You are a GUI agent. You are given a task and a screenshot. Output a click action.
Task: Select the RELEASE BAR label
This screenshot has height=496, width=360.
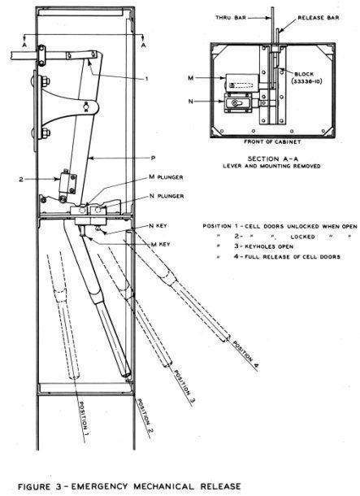coord(319,18)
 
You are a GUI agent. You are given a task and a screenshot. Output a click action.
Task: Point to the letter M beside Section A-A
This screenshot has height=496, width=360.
coord(191,77)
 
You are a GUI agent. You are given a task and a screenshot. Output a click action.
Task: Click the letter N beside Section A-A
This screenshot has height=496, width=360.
coord(191,102)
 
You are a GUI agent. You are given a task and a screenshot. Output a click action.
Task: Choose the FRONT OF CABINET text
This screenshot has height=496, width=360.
coord(272,141)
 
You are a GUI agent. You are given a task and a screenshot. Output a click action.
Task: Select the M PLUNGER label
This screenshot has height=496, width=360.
coord(166,177)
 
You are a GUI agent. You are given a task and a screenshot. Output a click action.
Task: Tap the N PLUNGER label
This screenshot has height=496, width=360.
coord(167,196)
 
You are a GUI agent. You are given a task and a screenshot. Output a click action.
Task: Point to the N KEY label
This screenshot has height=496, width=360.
coord(158,226)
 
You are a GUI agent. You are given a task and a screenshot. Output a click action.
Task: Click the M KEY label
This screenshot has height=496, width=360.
coord(161,244)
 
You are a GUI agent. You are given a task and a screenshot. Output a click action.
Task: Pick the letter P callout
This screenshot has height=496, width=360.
coord(153,158)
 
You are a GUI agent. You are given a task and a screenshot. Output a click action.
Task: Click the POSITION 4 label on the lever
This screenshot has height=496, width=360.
coord(246,355)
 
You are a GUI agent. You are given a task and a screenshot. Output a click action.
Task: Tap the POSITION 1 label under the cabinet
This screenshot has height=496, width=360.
coord(84,415)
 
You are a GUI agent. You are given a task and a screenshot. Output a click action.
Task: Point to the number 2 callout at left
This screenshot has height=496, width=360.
coord(21,180)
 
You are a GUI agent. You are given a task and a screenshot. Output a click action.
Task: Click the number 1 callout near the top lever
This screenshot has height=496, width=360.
coord(146,78)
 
